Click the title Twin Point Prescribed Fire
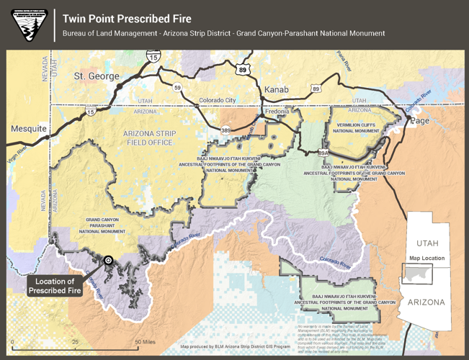[127, 19]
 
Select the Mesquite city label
[28, 129]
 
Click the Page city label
[419, 121]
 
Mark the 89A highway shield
[323, 153]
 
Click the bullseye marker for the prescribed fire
[108, 261]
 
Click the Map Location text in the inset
[426, 258]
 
